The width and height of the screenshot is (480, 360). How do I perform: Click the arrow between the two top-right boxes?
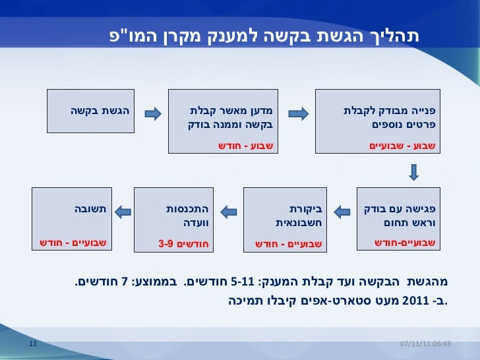[x=299, y=114]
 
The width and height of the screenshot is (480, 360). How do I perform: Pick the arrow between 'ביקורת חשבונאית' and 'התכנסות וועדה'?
[x=227, y=212]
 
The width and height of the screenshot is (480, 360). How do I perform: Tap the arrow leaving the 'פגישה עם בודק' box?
[x=340, y=212]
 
